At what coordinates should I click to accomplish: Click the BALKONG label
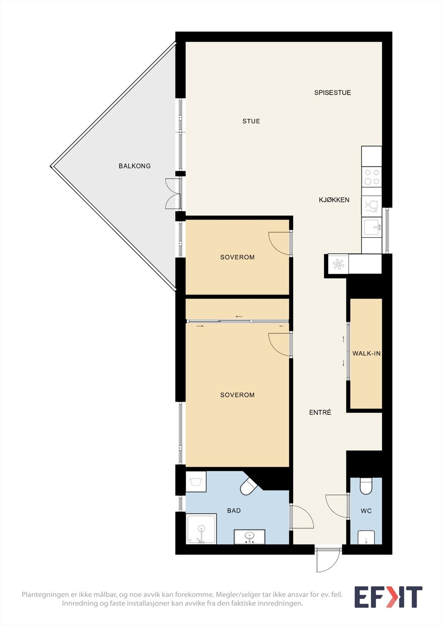point(134,166)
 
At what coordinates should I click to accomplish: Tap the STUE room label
point(251,121)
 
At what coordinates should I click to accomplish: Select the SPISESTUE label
point(332,93)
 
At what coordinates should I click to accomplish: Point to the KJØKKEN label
point(334,200)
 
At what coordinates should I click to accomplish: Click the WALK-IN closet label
point(366,354)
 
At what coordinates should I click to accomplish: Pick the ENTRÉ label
point(320,412)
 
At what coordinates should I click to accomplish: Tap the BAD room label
point(234,511)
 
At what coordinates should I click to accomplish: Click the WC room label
point(366,511)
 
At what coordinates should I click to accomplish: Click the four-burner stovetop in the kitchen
point(372,177)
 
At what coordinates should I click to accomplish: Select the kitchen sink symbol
point(372,227)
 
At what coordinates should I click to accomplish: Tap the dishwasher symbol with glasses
point(372,206)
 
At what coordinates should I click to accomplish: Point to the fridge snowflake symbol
point(338,264)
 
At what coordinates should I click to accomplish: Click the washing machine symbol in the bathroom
point(196,482)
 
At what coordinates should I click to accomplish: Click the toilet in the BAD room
point(249,487)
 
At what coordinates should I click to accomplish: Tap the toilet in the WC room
point(366,486)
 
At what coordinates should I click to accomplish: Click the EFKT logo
point(388,597)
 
